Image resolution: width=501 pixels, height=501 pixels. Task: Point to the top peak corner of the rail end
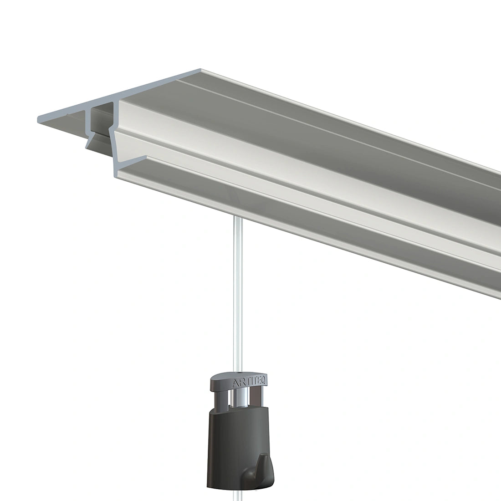tap(200, 70)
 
